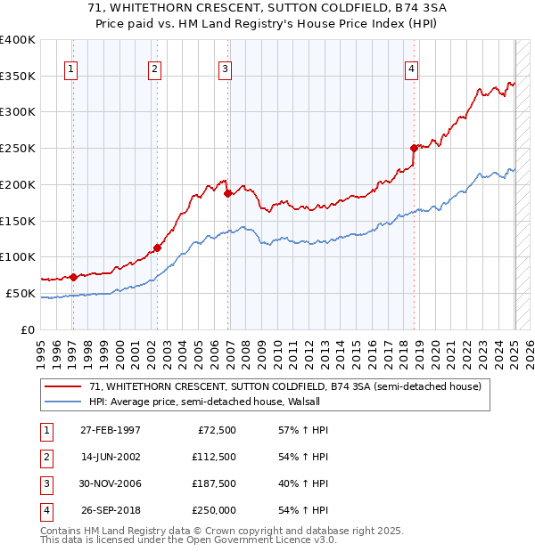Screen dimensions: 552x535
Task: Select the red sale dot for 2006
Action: (x=228, y=192)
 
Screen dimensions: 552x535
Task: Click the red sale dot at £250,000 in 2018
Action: (x=414, y=148)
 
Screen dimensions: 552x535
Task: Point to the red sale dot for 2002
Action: (x=157, y=248)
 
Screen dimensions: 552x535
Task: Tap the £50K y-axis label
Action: (x=22, y=293)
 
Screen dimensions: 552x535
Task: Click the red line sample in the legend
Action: (x=62, y=386)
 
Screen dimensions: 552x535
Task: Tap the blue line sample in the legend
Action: (x=62, y=402)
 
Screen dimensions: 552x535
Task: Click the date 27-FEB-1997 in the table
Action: (x=111, y=430)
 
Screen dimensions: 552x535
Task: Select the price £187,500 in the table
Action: (x=213, y=483)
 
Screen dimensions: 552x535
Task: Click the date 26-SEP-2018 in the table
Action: (x=111, y=510)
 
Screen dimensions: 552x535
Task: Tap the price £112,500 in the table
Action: (x=213, y=457)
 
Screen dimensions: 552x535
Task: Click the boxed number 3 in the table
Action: (x=44, y=483)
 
